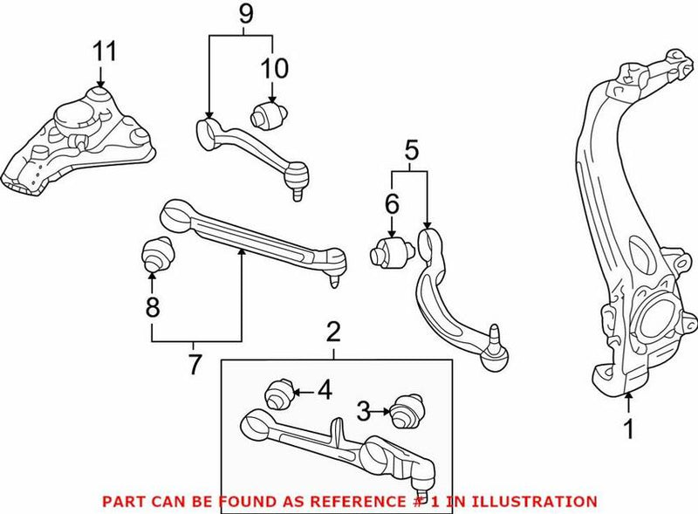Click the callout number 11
point(105,51)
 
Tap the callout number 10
point(274,66)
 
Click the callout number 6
point(392,206)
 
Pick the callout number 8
point(152,306)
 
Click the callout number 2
point(332,332)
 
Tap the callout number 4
point(324,390)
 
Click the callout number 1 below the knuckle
point(626,428)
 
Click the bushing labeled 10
point(268,114)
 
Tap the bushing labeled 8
point(154,253)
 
